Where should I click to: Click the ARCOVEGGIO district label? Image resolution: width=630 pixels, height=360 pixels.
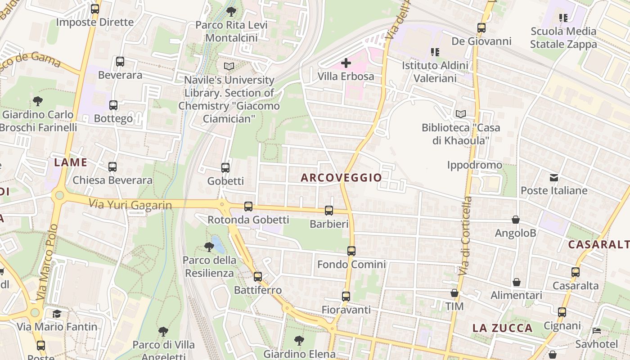coord(341,178)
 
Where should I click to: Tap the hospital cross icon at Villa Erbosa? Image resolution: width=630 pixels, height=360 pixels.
coord(346,63)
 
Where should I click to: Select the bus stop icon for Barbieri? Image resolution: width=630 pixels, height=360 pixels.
coord(329,210)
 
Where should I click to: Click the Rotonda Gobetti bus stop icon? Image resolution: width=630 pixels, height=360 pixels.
coord(248,207)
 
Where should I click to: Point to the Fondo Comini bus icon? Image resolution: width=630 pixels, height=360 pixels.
coord(351,251)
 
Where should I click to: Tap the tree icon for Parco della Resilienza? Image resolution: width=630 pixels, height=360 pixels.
coord(209,247)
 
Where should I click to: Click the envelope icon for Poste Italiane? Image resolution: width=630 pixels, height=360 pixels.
coord(554,178)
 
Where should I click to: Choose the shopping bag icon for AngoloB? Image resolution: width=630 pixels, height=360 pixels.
coord(516,220)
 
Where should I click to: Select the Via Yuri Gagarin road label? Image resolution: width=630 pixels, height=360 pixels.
coord(130,205)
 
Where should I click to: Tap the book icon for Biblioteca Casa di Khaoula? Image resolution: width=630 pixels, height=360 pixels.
coord(461,114)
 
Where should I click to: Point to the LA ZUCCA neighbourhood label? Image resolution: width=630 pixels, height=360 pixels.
coord(502,328)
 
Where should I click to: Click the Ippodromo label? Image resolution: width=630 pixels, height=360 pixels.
coord(474,165)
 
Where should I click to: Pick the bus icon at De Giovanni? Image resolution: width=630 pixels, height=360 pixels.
coord(481,28)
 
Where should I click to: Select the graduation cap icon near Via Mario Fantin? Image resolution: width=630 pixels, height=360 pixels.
coord(57,314)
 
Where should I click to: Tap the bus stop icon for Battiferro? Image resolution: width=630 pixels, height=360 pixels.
coord(258,277)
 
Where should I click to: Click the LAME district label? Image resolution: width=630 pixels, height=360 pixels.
coord(70,162)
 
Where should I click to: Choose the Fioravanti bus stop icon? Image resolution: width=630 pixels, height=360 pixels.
coord(346,297)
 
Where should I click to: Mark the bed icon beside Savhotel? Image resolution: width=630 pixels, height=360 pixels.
coord(597,331)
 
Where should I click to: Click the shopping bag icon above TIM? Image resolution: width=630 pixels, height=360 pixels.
coord(454,293)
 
